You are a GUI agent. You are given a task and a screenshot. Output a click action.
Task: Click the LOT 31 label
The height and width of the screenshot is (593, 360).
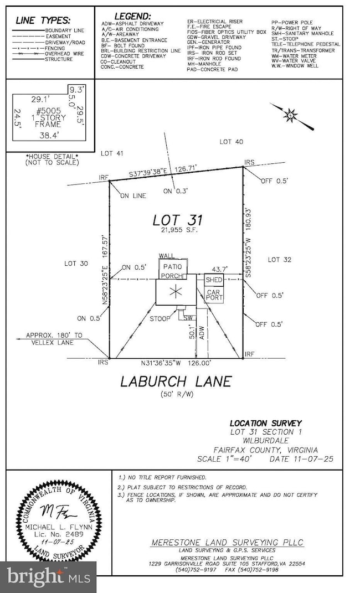174,220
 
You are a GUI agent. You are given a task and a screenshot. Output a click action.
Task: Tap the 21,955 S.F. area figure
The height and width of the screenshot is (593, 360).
175,230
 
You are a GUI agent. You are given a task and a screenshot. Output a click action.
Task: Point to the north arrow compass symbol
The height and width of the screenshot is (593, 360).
291,116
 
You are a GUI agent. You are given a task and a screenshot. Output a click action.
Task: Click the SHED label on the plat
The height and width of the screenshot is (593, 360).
214,280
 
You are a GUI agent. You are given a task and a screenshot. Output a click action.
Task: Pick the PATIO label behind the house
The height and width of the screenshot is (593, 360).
169,265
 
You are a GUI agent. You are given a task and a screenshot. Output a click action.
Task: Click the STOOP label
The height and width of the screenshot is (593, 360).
160,319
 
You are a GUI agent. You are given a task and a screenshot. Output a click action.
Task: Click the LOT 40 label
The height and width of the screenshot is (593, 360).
231,142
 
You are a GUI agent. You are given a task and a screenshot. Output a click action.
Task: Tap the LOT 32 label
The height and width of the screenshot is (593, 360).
279,260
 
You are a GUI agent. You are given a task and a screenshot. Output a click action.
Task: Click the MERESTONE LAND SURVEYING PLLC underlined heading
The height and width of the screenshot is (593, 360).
228,543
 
